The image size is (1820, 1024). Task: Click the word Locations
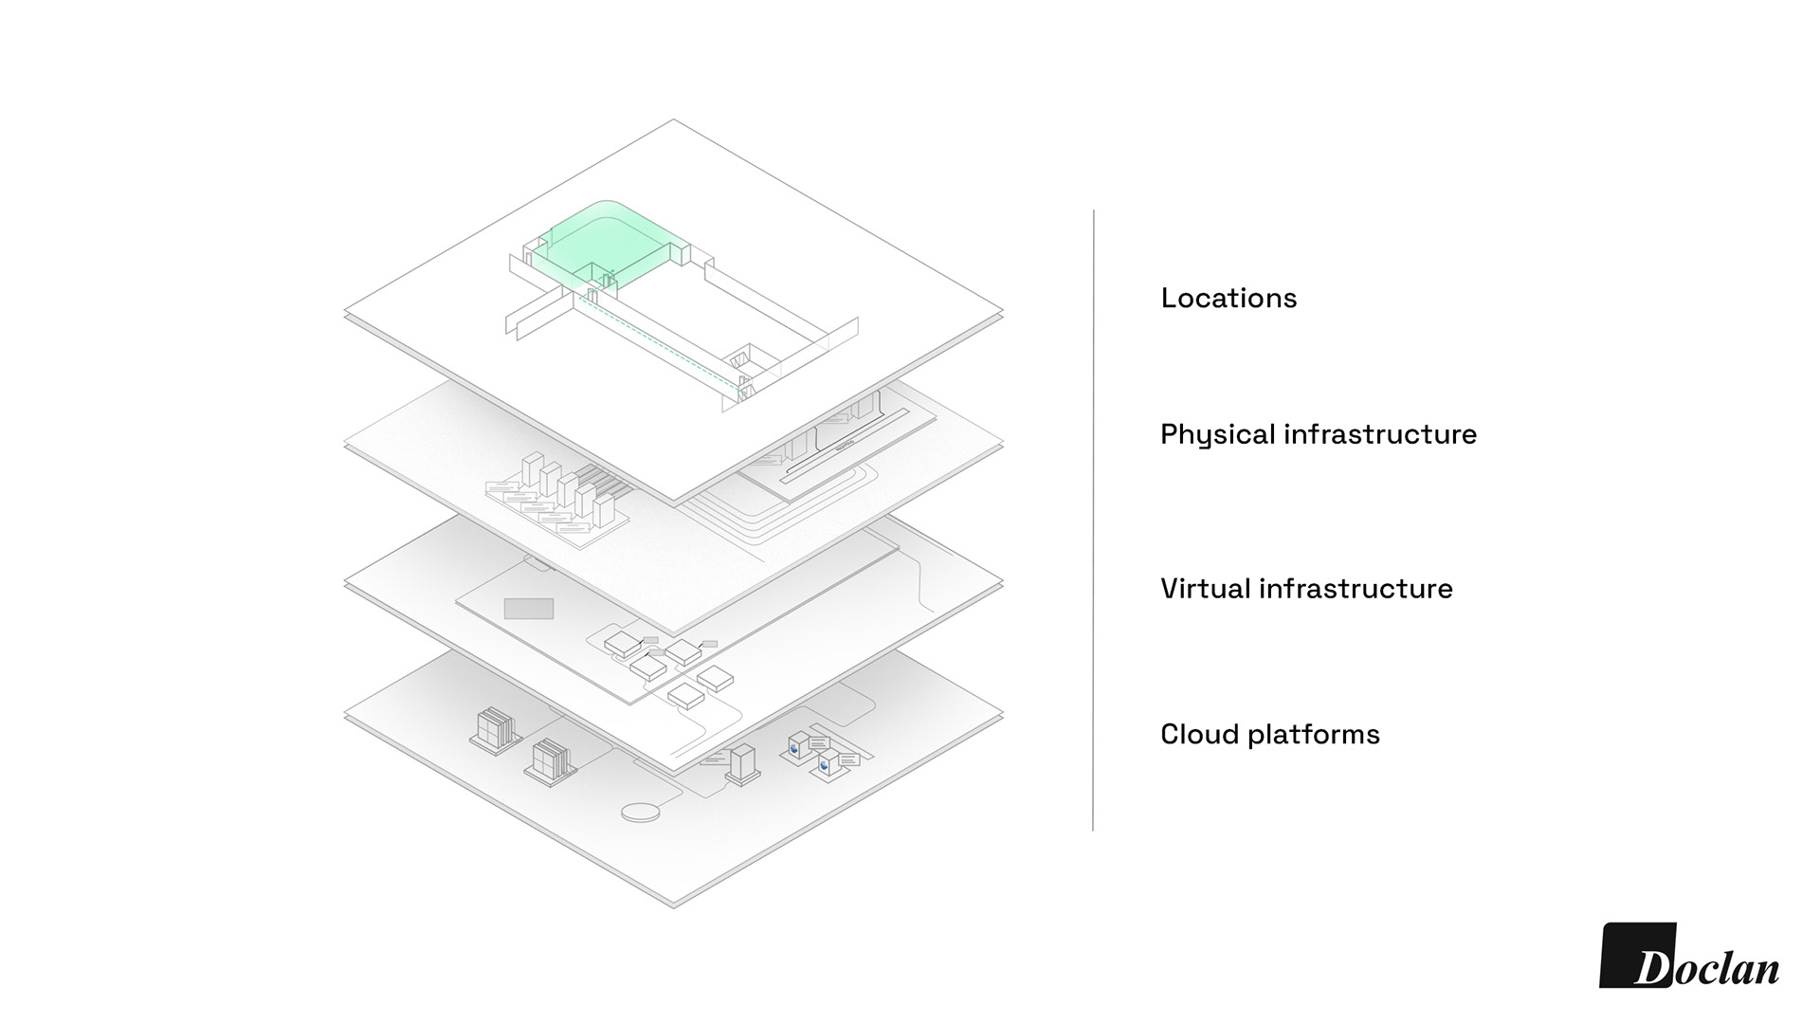[x=1228, y=299]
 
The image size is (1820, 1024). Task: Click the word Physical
[x=1217, y=435]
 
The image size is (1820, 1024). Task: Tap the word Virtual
[x=1205, y=589]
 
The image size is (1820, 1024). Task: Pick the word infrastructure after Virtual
[x=1356, y=589]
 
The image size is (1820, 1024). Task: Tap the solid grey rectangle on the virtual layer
[x=528, y=609]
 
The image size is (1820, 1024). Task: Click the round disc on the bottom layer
[x=643, y=812]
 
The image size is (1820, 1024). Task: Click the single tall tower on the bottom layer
[x=742, y=762]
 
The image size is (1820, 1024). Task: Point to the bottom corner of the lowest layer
[x=674, y=906]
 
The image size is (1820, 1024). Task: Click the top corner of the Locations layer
[x=674, y=120]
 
